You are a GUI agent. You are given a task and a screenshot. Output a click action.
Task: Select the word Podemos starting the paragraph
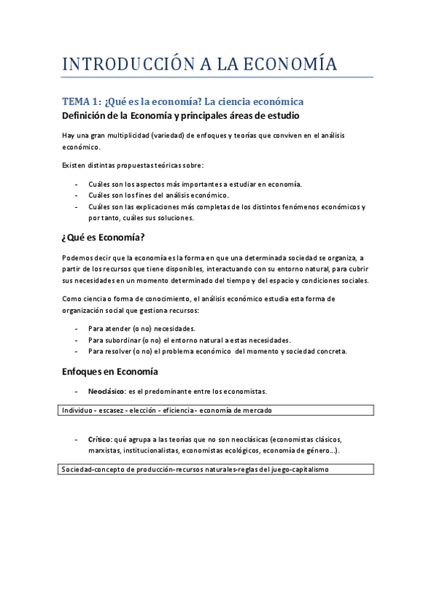[x=78, y=258]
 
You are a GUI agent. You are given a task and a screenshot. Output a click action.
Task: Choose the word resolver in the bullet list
[x=124, y=351]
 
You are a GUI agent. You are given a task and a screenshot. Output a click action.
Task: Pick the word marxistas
[x=104, y=450]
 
